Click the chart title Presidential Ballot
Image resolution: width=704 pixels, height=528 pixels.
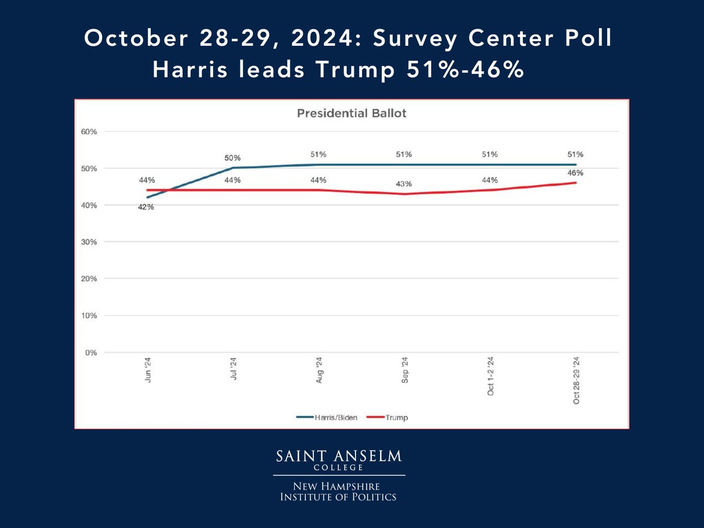351,113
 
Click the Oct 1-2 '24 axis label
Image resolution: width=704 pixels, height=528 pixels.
490,376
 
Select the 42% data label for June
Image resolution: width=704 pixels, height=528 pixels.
146,208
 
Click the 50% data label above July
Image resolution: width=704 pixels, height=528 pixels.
233,158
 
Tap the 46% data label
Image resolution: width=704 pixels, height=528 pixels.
576,173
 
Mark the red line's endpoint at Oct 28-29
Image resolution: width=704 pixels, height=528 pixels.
576,182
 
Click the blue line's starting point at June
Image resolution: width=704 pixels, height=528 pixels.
147,198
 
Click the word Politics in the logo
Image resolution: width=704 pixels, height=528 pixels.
375,497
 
